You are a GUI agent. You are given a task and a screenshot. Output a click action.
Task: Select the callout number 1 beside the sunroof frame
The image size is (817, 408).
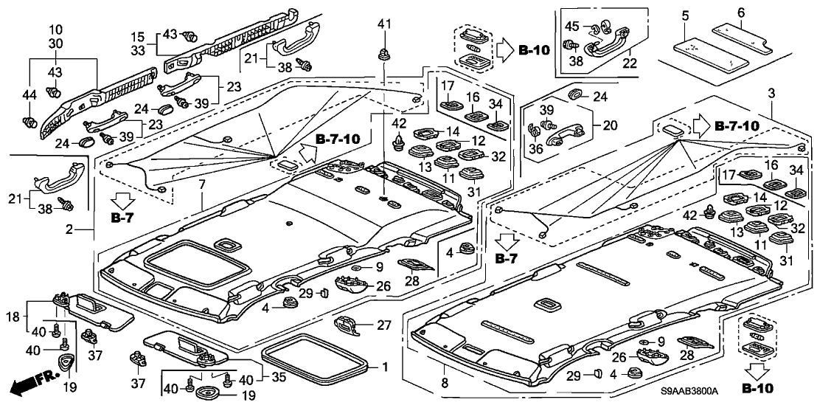[383, 367]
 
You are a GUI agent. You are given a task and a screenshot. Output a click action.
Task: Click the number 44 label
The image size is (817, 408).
[29, 95]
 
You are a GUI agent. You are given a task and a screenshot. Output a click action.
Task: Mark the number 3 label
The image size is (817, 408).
[771, 93]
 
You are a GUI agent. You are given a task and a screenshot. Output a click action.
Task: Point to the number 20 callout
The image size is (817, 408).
[610, 125]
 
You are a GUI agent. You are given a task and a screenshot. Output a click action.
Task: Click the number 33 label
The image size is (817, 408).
[137, 51]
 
